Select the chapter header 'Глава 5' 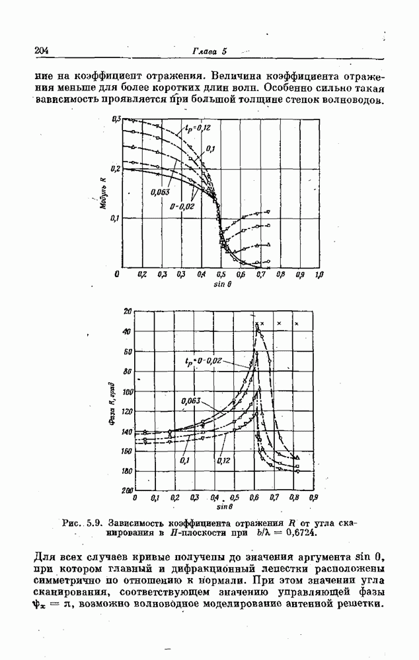click(209, 51)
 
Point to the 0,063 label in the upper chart click(161, 193)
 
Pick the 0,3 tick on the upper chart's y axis click(116, 119)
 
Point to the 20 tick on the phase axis click(128, 310)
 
